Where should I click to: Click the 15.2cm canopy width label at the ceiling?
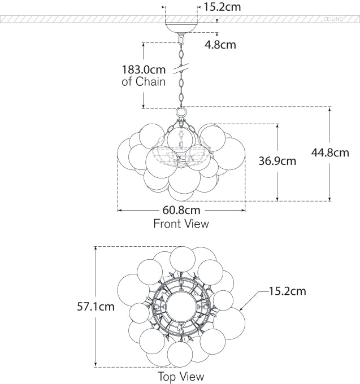click(x=223, y=7)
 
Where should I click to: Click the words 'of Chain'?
click(x=144, y=82)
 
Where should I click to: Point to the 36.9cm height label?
click(x=277, y=161)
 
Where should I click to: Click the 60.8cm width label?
click(x=181, y=211)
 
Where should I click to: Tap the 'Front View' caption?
click(x=181, y=224)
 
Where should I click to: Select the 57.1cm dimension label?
click(x=96, y=307)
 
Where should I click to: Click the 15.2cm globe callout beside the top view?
click(x=287, y=291)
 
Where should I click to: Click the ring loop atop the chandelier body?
click(x=181, y=112)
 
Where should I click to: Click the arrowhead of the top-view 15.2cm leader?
click(x=241, y=309)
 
